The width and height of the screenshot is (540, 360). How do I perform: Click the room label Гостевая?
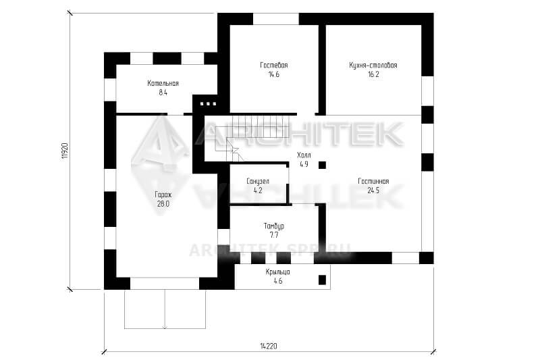pyautogui.click(x=274, y=65)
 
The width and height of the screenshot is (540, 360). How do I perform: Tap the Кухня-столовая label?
pyautogui.click(x=373, y=65)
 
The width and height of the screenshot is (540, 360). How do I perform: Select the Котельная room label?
pyautogui.click(x=163, y=83)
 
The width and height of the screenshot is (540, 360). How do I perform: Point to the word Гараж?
pyautogui.click(x=163, y=195)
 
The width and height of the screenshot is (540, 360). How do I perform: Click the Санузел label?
pyautogui.click(x=258, y=181)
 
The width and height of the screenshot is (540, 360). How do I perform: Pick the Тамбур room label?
pyautogui.click(x=274, y=226)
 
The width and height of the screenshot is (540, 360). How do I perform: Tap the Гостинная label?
pyautogui.click(x=373, y=181)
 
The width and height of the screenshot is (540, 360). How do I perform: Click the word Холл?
pyautogui.click(x=304, y=155)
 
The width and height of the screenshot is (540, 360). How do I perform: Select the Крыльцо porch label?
pyautogui.click(x=277, y=272)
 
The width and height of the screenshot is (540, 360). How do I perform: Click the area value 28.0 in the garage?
pyautogui.click(x=163, y=204)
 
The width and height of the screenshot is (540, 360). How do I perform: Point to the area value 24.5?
pyautogui.click(x=373, y=190)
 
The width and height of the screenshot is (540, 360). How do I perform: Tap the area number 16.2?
pyautogui.click(x=373, y=74)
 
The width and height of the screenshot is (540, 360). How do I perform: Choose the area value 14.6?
pyautogui.click(x=274, y=74)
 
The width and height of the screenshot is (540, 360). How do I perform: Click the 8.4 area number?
pyautogui.click(x=163, y=93)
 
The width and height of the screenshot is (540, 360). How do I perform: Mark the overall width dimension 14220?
pyautogui.click(x=269, y=346)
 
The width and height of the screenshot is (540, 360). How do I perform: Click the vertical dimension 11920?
pyautogui.click(x=65, y=151)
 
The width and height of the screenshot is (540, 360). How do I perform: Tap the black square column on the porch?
pyautogui.click(x=322, y=280)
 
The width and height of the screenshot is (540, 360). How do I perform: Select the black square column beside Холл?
pyautogui.click(x=322, y=165)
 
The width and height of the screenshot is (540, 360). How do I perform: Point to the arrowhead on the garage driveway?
pyautogui.click(x=165, y=327)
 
